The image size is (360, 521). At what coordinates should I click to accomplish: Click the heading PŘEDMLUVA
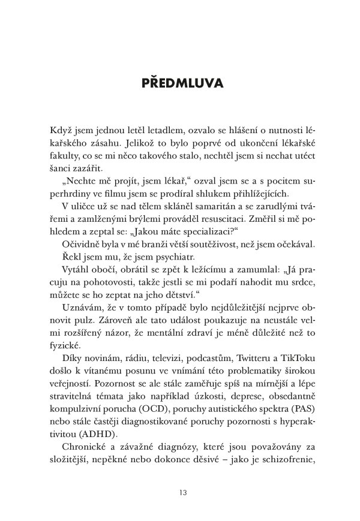tap(179, 83)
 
